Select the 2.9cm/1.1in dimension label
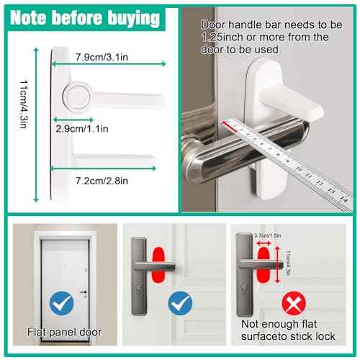pos(81,129)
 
